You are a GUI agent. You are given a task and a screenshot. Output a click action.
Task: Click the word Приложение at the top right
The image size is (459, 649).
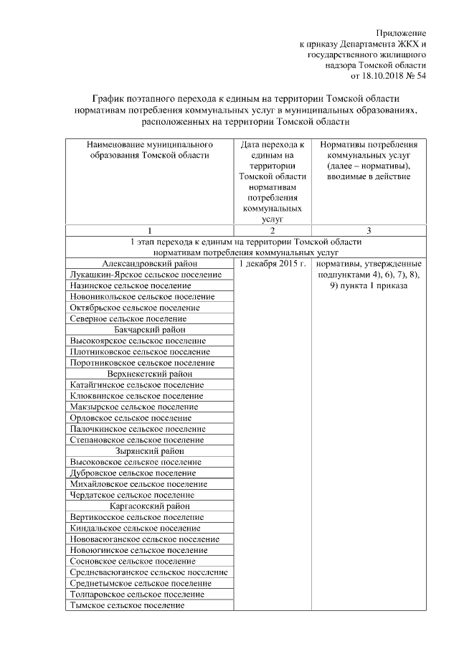click(x=402, y=33)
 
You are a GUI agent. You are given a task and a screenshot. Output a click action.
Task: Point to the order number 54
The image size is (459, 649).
click(x=420, y=76)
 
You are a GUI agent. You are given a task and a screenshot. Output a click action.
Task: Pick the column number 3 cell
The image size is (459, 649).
click(x=368, y=230)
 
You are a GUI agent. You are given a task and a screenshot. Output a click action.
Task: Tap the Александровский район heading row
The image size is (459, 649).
click(x=149, y=263)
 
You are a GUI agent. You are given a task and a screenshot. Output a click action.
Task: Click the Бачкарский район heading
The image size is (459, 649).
click(x=149, y=329)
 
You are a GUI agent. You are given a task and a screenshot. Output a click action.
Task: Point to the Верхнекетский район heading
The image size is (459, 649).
click(x=149, y=374)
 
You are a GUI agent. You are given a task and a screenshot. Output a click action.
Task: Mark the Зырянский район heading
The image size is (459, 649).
click(x=149, y=451)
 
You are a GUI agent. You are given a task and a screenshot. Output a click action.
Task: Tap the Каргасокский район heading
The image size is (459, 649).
click(x=149, y=506)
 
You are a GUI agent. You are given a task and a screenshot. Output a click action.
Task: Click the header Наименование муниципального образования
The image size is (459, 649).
click(x=149, y=150)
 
